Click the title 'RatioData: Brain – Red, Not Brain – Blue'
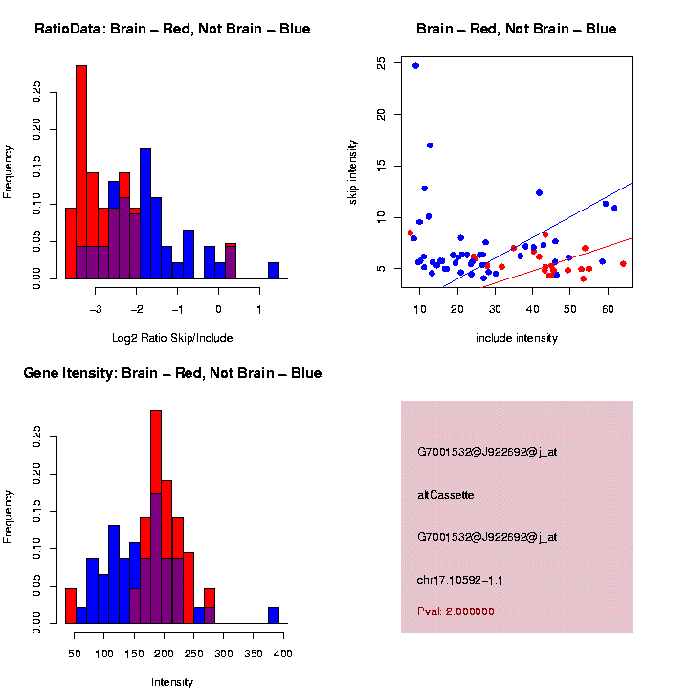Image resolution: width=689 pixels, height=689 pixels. pos(172,29)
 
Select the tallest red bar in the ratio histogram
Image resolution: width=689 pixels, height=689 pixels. pos(81,172)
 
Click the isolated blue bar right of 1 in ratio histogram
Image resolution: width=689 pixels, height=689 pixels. pos(274,271)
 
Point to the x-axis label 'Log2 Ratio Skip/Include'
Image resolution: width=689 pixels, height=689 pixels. pos(172,338)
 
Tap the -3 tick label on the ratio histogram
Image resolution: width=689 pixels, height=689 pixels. pos(96,309)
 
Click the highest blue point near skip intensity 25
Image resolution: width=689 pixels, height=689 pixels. pos(415,66)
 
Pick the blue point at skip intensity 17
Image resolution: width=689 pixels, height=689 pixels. pos(431,145)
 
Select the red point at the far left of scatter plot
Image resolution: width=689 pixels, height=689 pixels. pos(411,233)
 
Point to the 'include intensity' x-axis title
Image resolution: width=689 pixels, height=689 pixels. pos(517,338)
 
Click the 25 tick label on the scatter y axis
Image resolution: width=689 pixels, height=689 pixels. pos(382,62)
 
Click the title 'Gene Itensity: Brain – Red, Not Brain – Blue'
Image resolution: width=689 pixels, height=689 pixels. pos(172,373)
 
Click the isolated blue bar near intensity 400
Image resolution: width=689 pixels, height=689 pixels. pos(274,615)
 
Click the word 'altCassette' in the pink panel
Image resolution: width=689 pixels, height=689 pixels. pos(446,495)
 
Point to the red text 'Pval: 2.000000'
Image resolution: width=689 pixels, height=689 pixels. pos(456,611)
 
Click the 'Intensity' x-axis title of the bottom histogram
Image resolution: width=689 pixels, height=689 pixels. pos(172,682)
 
